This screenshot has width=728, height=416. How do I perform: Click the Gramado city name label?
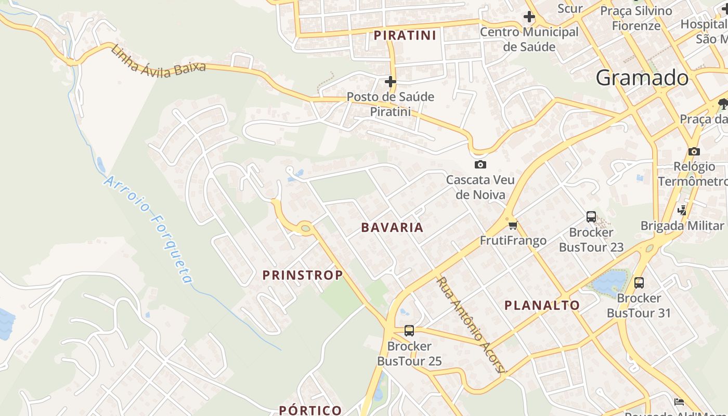pos(642,78)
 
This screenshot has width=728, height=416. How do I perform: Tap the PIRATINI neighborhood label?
pos(405,35)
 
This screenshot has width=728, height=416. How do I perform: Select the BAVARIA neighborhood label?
pos(392,227)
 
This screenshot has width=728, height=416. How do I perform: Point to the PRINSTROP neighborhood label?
pos(302,275)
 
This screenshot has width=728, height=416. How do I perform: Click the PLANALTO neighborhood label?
pos(542,305)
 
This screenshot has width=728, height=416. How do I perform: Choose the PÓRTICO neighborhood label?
pos(310,410)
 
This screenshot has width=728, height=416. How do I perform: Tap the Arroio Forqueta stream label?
pos(149,229)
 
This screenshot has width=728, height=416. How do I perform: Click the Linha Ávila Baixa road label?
pos(158,61)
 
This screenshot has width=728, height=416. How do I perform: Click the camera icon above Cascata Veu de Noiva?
pos(480,165)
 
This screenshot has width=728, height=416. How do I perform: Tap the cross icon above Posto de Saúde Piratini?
pos(391,82)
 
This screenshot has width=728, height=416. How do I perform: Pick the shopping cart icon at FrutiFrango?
pos(513,225)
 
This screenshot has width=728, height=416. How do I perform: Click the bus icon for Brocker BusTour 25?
pos(409,330)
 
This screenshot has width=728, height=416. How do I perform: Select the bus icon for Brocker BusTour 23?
pos(591,217)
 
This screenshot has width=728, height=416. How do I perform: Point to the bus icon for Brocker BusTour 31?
pos(639,283)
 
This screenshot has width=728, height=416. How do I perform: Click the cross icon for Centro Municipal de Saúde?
pos(529,17)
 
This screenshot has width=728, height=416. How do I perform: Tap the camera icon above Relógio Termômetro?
pos(694,151)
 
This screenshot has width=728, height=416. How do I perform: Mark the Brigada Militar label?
pos(682,226)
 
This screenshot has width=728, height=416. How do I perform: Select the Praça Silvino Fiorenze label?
pos(643,18)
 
